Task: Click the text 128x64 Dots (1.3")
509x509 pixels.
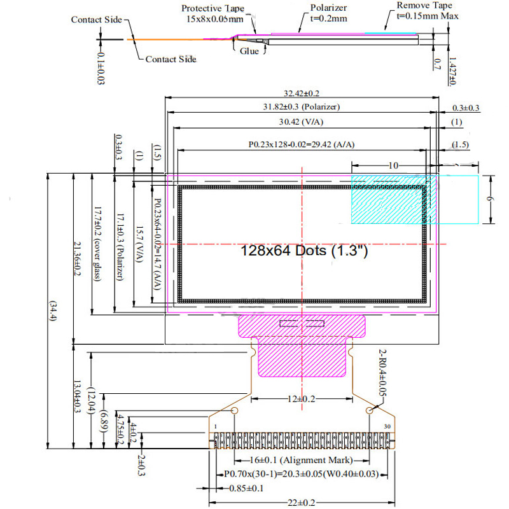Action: click(305, 251)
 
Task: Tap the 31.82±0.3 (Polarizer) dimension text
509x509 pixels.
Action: click(302, 106)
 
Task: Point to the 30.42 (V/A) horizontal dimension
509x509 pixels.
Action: click(302, 122)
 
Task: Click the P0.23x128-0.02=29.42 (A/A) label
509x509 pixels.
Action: click(301, 145)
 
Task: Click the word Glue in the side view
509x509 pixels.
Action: click(249, 51)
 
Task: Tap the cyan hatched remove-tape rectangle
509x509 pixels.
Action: click(414, 199)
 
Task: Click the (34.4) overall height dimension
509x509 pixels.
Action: click(53, 312)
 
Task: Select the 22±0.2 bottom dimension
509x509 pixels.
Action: click(301, 503)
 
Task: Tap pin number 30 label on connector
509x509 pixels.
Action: click(387, 426)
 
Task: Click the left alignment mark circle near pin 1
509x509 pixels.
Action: click(234, 411)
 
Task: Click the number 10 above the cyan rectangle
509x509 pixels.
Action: click(393, 165)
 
